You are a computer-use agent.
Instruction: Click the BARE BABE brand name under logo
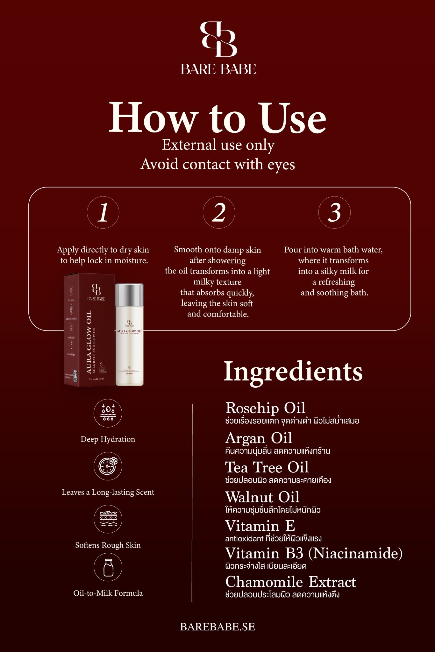218,69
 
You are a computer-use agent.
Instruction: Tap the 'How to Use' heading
217,117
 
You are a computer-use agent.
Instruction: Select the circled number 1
103,212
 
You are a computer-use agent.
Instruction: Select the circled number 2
219,212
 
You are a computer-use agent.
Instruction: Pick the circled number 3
334,212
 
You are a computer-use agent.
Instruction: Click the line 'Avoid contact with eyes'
217,164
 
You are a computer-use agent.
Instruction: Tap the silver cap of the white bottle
129,294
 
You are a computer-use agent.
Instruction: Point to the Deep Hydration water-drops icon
108,413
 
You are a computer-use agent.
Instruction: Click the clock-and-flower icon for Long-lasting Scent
108,466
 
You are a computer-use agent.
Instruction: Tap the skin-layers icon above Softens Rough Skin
108,519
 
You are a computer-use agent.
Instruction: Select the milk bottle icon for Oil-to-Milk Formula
108,567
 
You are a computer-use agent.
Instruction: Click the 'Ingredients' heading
293,372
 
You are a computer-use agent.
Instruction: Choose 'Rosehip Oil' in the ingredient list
265,408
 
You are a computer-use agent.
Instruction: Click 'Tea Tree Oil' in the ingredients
267,467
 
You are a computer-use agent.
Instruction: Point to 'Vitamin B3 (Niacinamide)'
314,553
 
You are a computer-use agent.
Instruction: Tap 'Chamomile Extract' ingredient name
290,582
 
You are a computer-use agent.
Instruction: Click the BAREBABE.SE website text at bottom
217,627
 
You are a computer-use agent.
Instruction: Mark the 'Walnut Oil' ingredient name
262,497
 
